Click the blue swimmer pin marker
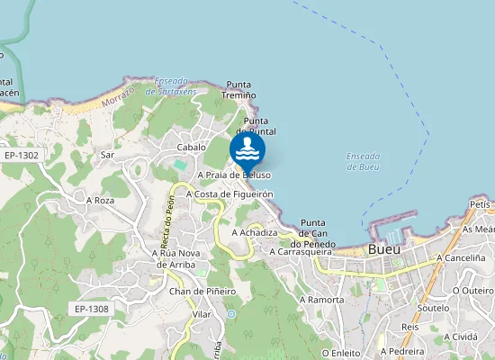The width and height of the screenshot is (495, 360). click(x=247, y=148)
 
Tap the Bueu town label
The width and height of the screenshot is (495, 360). click(x=384, y=248)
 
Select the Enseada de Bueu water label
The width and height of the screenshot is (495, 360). click(x=363, y=161)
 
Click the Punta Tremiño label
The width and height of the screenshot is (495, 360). click(x=240, y=89)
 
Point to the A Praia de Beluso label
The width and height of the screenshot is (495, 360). click(x=226, y=175)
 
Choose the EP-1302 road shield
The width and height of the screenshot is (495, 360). click(x=21, y=155)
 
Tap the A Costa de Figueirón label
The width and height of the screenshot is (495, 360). click(x=229, y=193)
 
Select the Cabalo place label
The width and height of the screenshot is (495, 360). click(x=192, y=147)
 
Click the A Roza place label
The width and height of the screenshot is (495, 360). click(x=100, y=200)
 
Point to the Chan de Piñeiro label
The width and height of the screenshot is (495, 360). click(x=202, y=291)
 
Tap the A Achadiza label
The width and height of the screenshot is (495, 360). click(x=254, y=231)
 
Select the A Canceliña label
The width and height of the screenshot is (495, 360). click(x=460, y=257)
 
